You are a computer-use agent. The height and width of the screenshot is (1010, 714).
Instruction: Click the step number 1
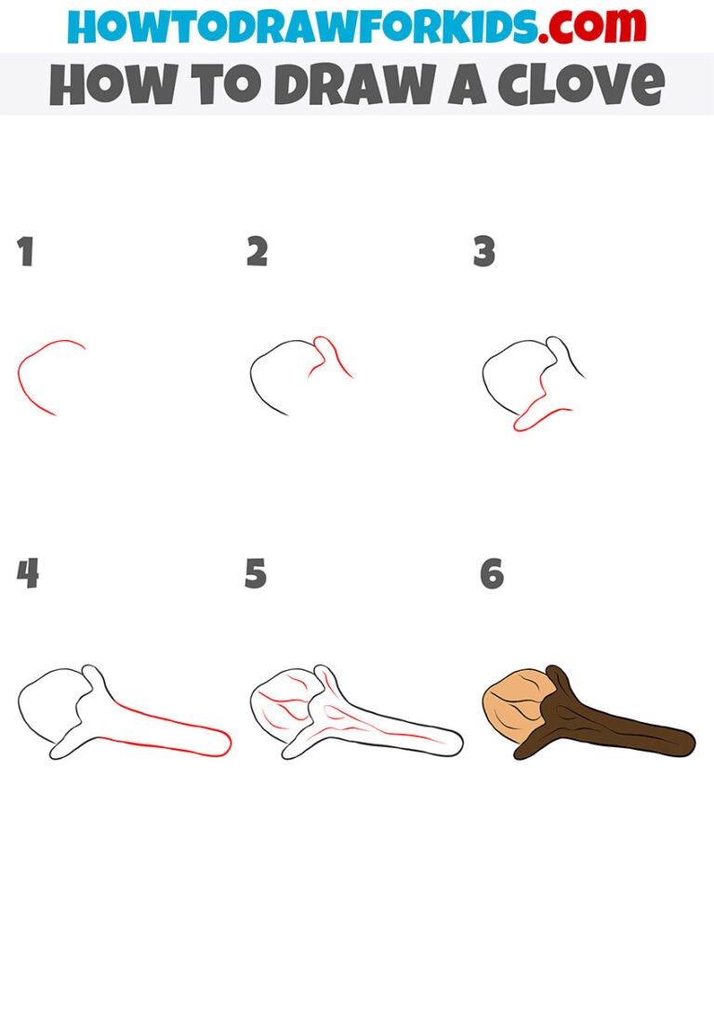(x=25, y=253)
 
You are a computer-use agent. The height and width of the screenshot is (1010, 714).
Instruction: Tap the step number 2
(x=257, y=253)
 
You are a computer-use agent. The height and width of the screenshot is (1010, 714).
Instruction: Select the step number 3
(x=484, y=253)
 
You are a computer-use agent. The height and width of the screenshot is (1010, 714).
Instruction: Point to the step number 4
(x=27, y=575)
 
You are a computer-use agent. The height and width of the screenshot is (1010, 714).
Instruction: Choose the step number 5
(x=256, y=575)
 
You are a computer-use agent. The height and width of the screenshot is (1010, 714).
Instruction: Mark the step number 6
(x=492, y=575)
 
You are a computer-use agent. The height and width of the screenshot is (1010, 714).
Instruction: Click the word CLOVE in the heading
(x=581, y=85)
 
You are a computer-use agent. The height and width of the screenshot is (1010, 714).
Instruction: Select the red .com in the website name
(x=584, y=26)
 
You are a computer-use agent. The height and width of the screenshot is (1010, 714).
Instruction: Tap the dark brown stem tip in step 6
(x=683, y=743)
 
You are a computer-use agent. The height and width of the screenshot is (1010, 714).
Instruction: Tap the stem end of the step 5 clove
(x=454, y=743)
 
